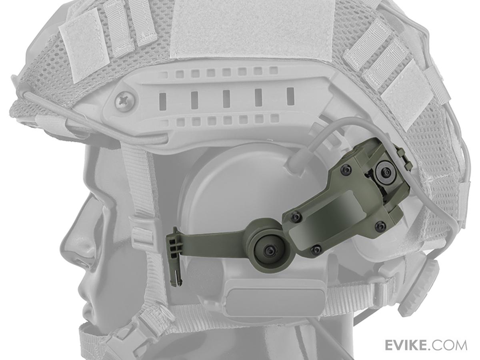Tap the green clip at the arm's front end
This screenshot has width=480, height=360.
[x=175, y=256]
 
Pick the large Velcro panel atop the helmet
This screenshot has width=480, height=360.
[x=252, y=28]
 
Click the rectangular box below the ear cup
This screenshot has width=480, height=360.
[x=276, y=298]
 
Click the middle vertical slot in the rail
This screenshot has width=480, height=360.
[x=226, y=98]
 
